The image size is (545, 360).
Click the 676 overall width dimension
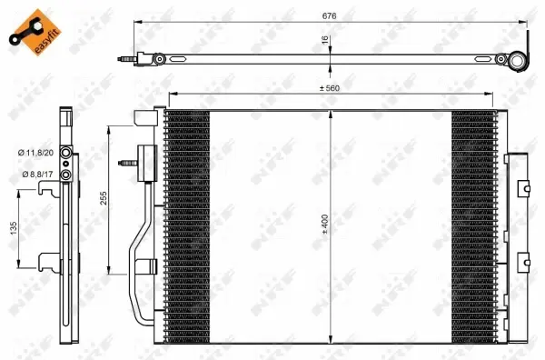point(322,14)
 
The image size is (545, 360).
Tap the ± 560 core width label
point(329,89)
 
